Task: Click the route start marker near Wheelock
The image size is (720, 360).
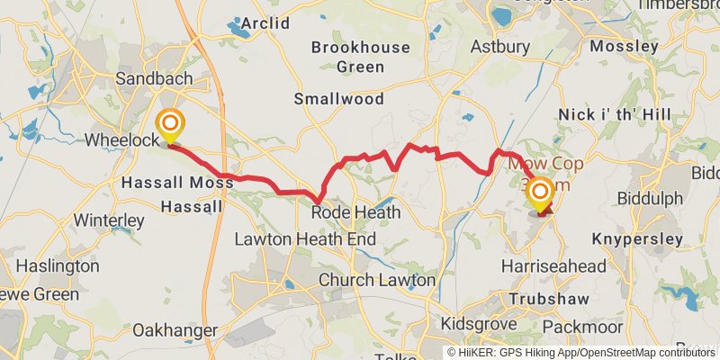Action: coord(168,125)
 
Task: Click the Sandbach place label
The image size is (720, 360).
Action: coord(154,79)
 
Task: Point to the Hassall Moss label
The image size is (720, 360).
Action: coord(176,183)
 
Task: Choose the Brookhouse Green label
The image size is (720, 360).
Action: coord(360,56)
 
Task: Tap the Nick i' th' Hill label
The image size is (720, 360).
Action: coord(615,114)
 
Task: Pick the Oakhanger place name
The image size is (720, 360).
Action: coord(175,330)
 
